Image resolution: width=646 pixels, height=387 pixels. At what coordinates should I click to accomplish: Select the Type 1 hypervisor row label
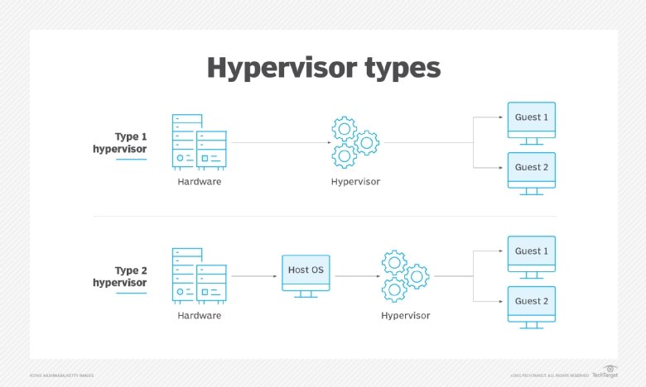pos(119,143)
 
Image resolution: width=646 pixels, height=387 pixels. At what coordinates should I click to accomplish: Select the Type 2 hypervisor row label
pos(119,276)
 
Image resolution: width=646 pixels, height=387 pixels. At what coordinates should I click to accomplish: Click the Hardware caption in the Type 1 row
pos(199,181)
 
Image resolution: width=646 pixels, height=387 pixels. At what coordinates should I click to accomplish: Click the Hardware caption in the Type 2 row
pos(199,315)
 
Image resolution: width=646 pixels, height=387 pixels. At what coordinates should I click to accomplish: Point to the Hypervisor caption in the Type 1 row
pos(355,181)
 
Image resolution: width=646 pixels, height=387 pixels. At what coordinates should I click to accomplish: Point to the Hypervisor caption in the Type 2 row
pos(405,315)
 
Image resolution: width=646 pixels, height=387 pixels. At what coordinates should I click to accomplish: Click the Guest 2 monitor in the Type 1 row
pos(531,170)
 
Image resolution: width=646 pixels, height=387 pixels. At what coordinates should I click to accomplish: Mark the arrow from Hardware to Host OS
pos(253,276)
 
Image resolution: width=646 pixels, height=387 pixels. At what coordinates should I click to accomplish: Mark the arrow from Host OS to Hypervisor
pos(354,276)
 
